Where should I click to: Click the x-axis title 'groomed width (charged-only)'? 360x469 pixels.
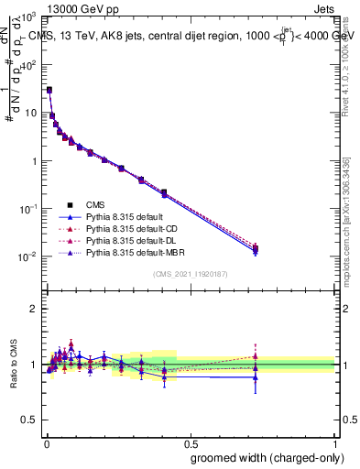[x=262, y=457]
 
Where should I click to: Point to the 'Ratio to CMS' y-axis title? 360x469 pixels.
[x=13, y=364]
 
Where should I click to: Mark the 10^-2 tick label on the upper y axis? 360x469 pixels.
[x=30, y=256]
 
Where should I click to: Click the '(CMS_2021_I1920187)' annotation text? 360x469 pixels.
[x=190, y=274]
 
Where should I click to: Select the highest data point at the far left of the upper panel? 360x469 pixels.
[x=49, y=90]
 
